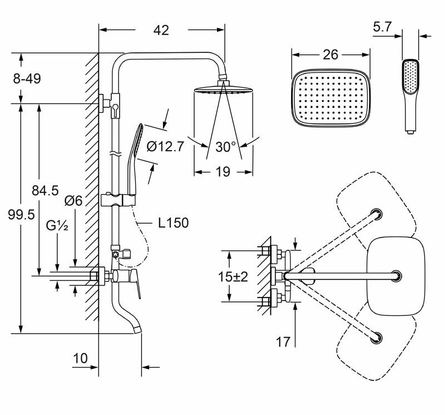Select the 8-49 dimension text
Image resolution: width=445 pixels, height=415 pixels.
click(x=27, y=79)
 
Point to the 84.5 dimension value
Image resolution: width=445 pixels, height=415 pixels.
click(x=45, y=190)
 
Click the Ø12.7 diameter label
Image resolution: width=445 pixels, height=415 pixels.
click(x=166, y=147)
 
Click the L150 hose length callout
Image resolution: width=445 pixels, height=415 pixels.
click(x=173, y=223)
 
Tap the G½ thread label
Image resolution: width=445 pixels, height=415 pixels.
click(x=58, y=225)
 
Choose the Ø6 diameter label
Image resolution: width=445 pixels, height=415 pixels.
click(x=73, y=201)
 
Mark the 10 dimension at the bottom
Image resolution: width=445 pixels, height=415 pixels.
click(x=81, y=358)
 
